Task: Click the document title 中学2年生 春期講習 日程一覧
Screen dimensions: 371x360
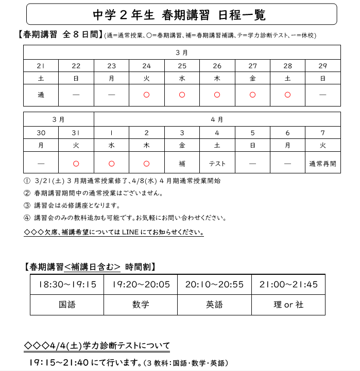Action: pyautogui.click(x=180, y=15)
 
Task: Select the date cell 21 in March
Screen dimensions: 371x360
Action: pyautogui.click(x=41, y=66)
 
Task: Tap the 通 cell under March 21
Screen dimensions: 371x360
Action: pyautogui.click(x=41, y=95)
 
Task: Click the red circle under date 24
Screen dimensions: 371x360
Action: pyautogui.click(x=147, y=95)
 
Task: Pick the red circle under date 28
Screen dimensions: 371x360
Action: pyautogui.click(x=287, y=95)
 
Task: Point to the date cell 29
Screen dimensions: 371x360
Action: pyautogui.click(x=323, y=66)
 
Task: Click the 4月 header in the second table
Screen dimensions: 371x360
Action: pyautogui.click(x=217, y=119)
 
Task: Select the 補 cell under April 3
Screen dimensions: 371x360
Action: pyautogui.click(x=182, y=164)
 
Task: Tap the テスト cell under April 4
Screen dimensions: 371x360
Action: pyautogui.click(x=217, y=164)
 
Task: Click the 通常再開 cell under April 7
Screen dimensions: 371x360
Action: pyautogui.click(x=323, y=164)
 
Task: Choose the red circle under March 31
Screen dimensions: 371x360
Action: pyautogui.click(x=76, y=164)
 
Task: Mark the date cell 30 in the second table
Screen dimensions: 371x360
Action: pyautogui.click(x=41, y=133)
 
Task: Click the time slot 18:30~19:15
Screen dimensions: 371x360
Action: pyautogui.click(x=67, y=285)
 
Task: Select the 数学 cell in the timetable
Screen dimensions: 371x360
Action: pyautogui.click(x=141, y=305)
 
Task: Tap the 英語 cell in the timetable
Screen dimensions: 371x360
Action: pyautogui.click(x=214, y=305)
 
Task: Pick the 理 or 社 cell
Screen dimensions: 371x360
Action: pyautogui.click(x=288, y=305)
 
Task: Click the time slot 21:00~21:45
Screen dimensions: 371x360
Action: pyautogui.click(x=288, y=285)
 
